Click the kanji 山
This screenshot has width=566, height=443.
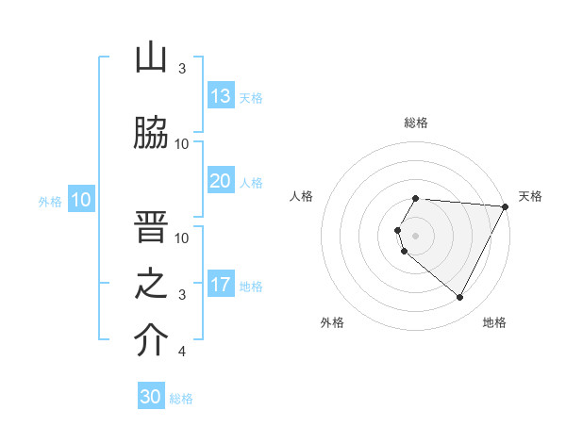(151, 58)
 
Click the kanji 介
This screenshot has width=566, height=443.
(151, 341)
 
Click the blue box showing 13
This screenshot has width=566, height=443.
(221, 96)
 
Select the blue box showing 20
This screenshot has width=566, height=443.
(221, 181)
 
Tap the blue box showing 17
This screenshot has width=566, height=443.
(221, 285)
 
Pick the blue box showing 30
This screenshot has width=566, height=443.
(151, 397)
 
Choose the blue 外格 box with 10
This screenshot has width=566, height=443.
(81, 200)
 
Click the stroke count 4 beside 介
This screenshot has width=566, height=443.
(181, 352)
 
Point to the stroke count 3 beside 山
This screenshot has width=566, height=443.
(181, 69)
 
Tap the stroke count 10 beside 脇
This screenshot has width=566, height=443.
(181, 143)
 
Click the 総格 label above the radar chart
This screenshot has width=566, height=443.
(416, 123)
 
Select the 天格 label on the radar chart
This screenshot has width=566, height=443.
(530, 196)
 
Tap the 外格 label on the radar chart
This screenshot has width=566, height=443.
(332, 322)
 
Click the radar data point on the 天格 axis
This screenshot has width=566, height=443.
(506, 205)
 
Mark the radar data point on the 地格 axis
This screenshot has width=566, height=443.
(460, 298)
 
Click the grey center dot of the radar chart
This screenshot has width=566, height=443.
(416, 235)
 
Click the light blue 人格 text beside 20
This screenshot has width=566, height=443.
(251, 182)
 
